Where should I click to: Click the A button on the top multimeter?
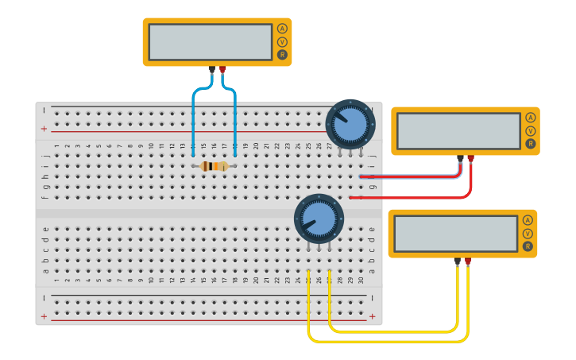[282, 29]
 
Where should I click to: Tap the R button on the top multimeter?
[282, 54]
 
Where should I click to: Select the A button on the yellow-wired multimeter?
[528, 220]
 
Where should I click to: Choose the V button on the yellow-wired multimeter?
[528, 233]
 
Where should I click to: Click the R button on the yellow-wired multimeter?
[528, 246]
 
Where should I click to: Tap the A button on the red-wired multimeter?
[530, 118]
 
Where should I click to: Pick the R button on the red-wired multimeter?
[530, 144]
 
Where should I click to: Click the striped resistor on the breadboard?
[214, 166]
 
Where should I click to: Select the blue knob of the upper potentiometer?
[350, 124]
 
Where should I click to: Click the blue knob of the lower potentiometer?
[319, 219]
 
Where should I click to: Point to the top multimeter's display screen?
[211, 42]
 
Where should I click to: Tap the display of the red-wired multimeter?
[458, 131]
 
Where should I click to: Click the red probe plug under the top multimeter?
[222, 70]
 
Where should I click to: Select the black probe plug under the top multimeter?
[211, 70]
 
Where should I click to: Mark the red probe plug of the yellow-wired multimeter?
[468, 261]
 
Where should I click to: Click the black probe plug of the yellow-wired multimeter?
[457, 261]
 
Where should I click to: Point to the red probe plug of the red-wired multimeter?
[471, 159]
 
